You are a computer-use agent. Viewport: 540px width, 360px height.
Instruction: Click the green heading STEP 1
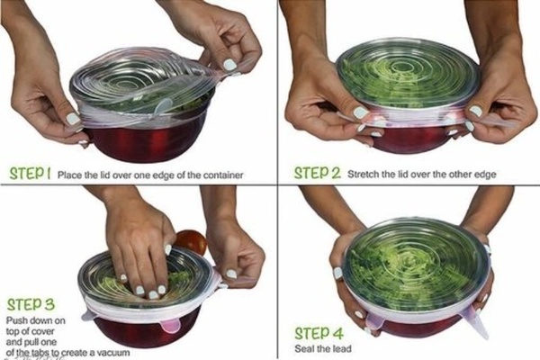30,171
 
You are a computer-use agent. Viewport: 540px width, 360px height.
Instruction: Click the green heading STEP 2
316,171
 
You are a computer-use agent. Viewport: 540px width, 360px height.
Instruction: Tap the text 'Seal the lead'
320,349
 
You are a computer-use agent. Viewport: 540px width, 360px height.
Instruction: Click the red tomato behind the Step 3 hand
189,241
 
